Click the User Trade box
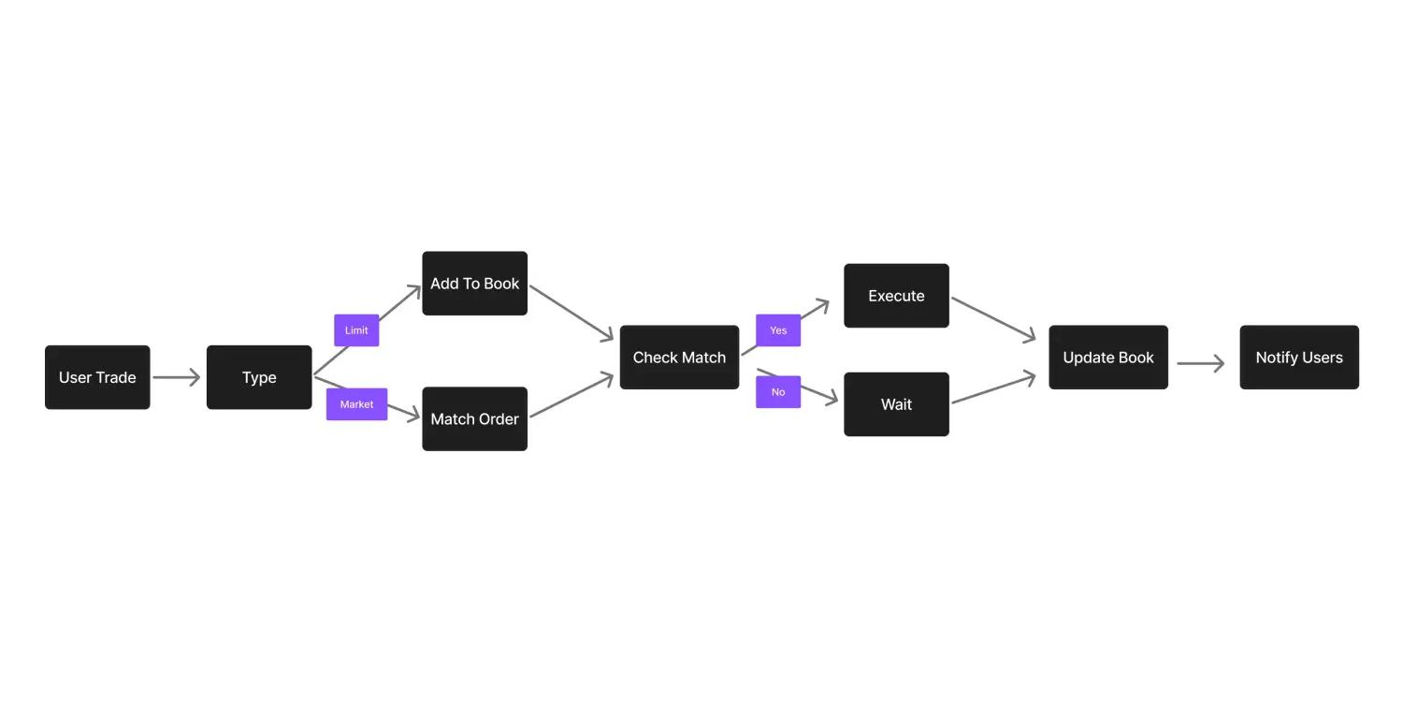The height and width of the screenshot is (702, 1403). coord(97,377)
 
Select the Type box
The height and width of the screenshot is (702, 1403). coord(259,377)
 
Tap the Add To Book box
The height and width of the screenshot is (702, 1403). coord(474,284)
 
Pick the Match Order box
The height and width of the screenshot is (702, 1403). coord(474,418)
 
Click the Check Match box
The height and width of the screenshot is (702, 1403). coord(679,358)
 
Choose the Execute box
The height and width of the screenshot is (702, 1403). coord(896,296)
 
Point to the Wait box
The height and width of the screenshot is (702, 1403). coord(896,404)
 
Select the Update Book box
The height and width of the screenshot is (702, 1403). coord(1108,358)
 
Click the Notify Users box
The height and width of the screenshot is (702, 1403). coord(1299,358)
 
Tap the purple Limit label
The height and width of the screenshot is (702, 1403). coord(356,330)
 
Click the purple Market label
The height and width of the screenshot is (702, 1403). coord(356,404)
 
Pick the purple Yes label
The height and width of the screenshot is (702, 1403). coord(778,330)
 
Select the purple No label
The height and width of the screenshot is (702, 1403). coord(778,392)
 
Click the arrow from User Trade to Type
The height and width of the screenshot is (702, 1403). coord(176,377)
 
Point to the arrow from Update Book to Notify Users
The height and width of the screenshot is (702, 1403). coord(1200,363)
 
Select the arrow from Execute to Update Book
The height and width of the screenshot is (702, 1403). coord(993,319)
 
